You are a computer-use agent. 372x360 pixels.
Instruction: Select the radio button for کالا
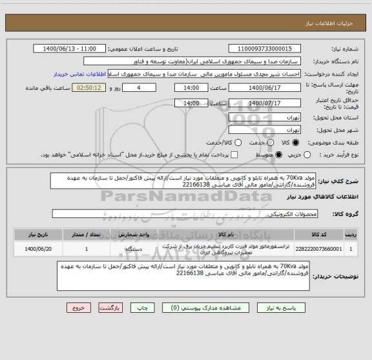295,142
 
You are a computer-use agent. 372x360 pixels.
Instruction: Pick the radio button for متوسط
279,155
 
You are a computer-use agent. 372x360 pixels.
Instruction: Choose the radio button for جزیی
307,155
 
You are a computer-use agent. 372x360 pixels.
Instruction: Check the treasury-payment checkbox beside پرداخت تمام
234,155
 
